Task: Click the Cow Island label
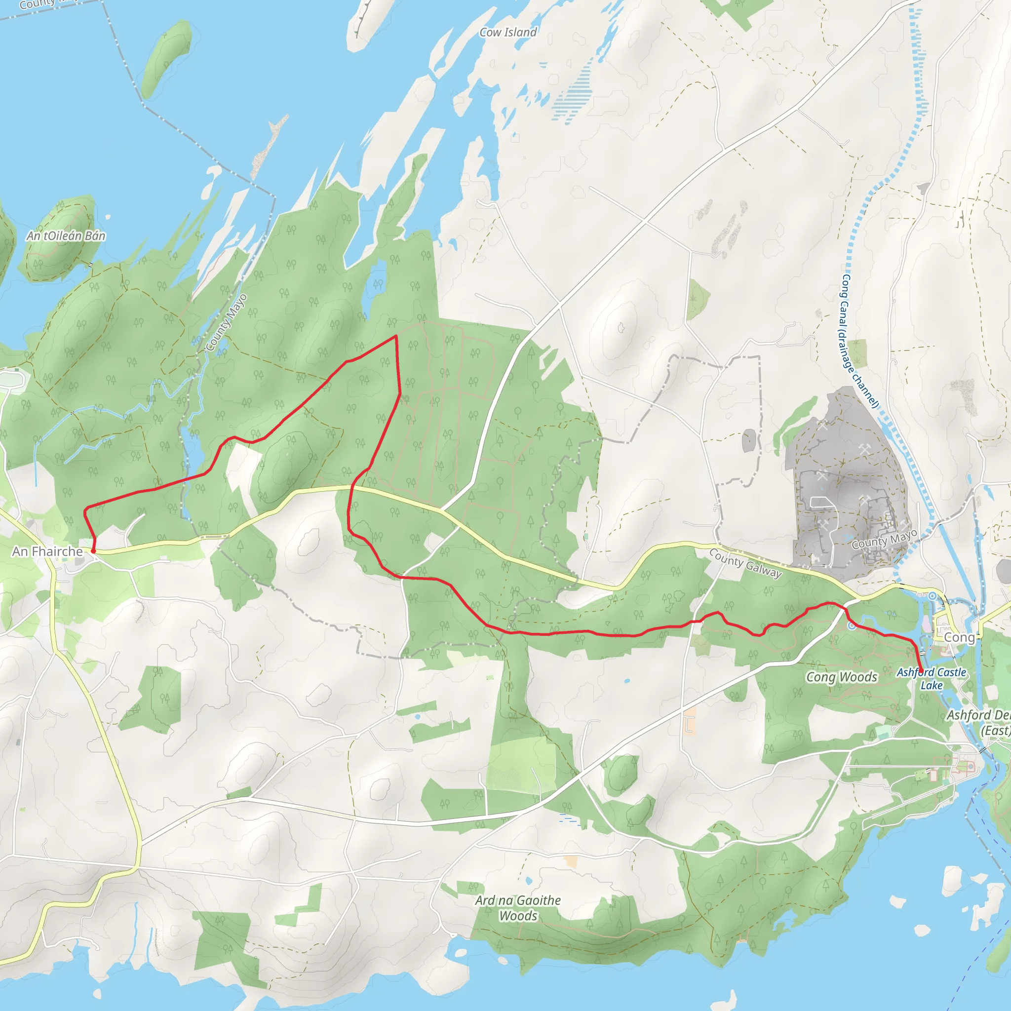click(508, 33)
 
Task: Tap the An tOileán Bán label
click(66, 236)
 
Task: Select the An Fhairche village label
click(47, 551)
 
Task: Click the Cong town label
click(959, 637)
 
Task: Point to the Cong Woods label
click(842, 677)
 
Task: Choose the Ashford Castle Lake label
click(932, 679)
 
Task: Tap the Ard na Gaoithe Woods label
click(518, 908)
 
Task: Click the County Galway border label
click(745, 563)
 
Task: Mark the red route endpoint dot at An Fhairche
click(93, 551)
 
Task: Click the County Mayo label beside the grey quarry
click(884, 539)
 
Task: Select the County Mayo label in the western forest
click(226, 323)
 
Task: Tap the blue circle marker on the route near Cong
click(852, 626)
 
